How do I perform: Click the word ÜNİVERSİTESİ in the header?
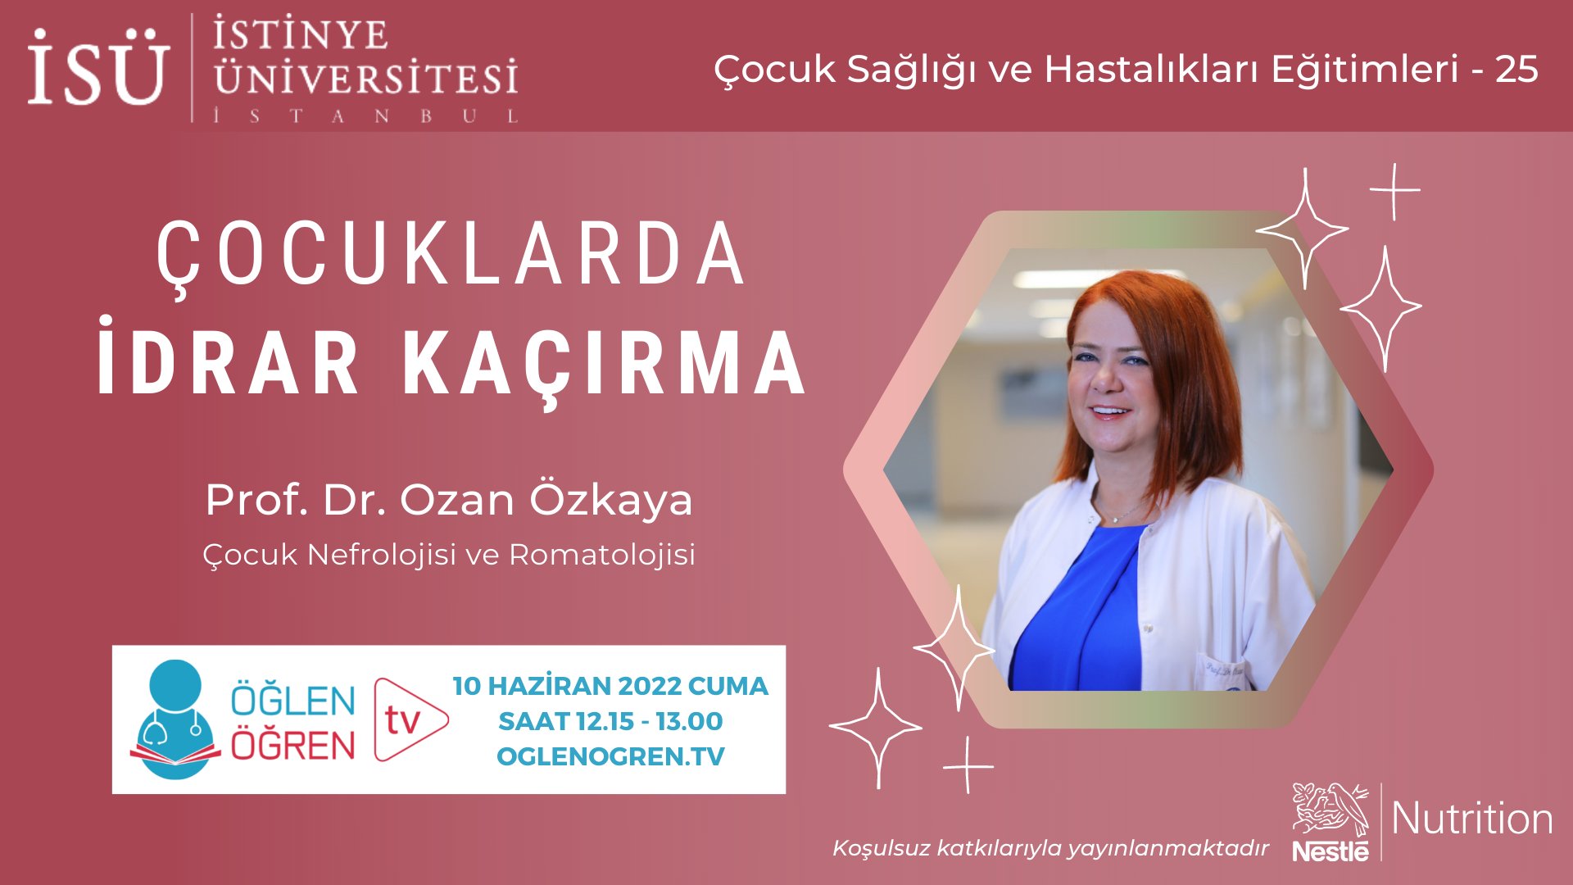[365, 78]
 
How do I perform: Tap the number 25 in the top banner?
[1516, 70]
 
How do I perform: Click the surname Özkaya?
[610, 499]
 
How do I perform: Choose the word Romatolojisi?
[602, 555]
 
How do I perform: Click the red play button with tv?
[409, 719]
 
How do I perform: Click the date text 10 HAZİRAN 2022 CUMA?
[610, 686]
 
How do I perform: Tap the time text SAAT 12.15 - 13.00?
[610, 721]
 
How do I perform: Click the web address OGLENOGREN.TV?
[610, 756]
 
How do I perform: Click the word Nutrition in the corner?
[1471, 819]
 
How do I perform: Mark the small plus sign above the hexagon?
[1394, 191]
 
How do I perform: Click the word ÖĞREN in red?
[292, 746]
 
